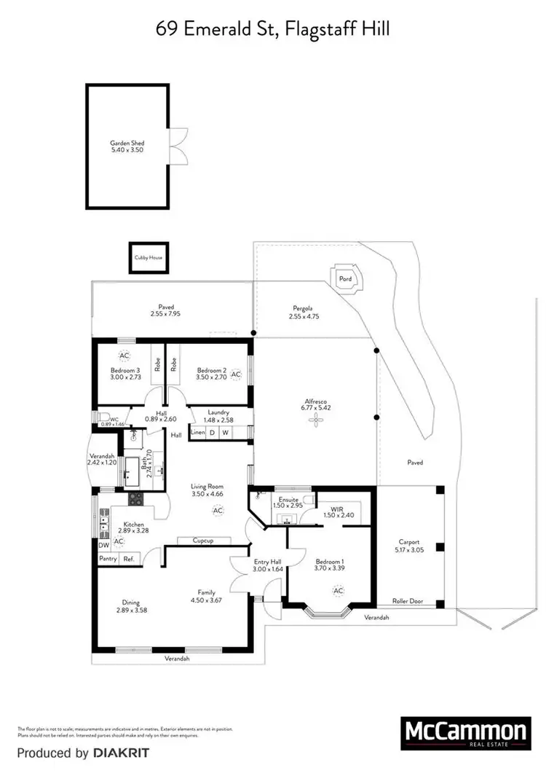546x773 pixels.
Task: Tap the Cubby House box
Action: pyautogui.click(x=149, y=257)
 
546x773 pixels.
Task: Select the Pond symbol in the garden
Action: pyautogui.click(x=345, y=278)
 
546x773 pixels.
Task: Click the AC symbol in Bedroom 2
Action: pyautogui.click(x=236, y=374)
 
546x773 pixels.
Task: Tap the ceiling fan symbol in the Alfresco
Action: pyautogui.click(x=316, y=421)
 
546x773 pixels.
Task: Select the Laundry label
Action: pyautogui.click(x=218, y=412)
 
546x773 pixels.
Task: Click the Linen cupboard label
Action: pyautogui.click(x=197, y=433)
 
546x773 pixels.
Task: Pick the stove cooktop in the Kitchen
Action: pyautogui.click(x=136, y=499)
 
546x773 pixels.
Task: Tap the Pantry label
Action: pyautogui.click(x=108, y=559)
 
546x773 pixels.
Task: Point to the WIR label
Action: pyautogui.click(x=336, y=509)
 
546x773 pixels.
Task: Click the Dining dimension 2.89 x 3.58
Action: pyautogui.click(x=131, y=610)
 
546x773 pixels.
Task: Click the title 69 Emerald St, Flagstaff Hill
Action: pyautogui.click(x=273, y=30)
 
